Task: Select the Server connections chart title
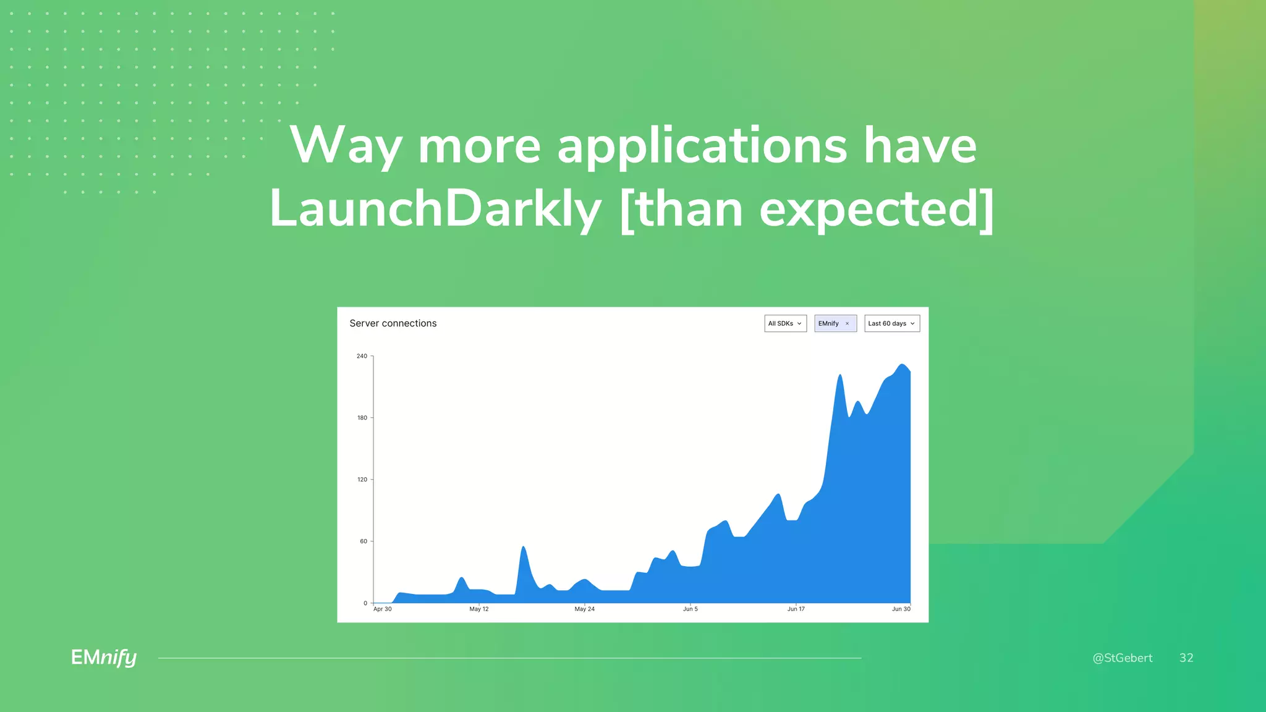coord(393,323)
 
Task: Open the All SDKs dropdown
coord(785,323)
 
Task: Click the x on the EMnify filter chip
coord(847,324)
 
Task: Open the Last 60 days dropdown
coord(891,323)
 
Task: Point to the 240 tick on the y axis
coord(362,356)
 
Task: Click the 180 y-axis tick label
coord(362,418)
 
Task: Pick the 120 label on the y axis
coord(362,480)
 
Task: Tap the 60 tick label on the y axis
coord(363,541)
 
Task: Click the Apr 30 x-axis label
coord(382,609)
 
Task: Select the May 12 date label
coord(478,609)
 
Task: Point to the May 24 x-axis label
coord(584,609)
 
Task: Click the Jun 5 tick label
coord(690,609)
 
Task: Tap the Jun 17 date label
coord(796,609)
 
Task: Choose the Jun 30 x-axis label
coord(901,609)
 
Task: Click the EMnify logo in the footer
coord(104,658)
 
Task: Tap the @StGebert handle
coord(1122,658)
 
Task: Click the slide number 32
coord(1186,658)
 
